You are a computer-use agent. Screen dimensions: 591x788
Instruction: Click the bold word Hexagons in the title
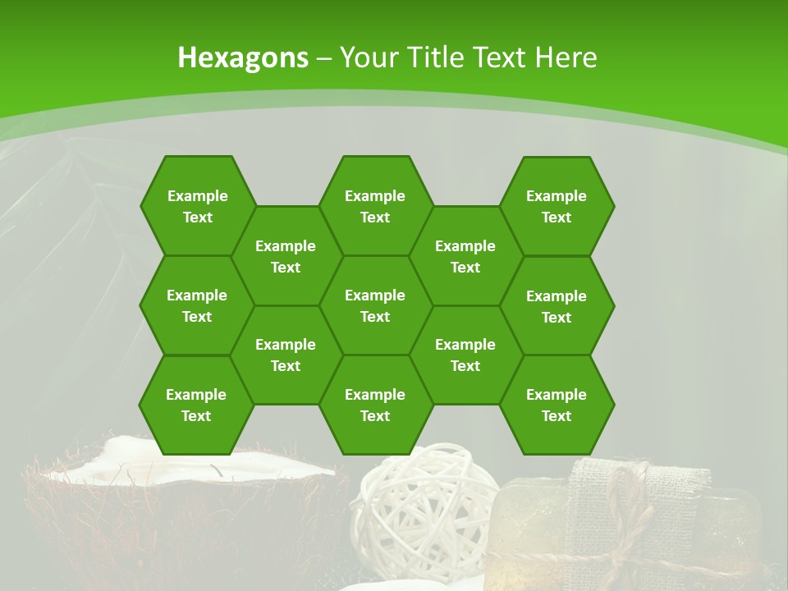243,57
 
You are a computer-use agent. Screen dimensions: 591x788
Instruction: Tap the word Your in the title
365,57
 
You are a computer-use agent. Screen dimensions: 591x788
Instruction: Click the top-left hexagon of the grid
197,206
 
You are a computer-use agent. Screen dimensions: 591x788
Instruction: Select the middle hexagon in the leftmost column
197,305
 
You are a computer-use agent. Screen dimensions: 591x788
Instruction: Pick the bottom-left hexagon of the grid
196,405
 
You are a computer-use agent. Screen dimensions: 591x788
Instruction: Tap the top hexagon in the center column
375,206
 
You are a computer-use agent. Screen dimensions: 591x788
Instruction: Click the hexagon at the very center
375,305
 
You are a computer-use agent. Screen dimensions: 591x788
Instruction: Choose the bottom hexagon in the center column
375,405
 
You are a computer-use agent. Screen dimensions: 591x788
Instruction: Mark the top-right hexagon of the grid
557,206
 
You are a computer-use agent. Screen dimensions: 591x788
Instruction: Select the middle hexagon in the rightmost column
557,306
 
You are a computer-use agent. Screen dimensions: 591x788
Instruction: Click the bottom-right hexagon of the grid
557,405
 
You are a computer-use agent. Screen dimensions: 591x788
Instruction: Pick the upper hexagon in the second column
286,256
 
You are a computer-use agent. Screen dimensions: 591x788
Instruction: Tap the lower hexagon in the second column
286,355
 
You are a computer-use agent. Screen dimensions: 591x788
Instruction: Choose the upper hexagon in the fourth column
465,256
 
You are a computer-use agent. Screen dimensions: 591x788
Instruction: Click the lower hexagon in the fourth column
465,355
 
